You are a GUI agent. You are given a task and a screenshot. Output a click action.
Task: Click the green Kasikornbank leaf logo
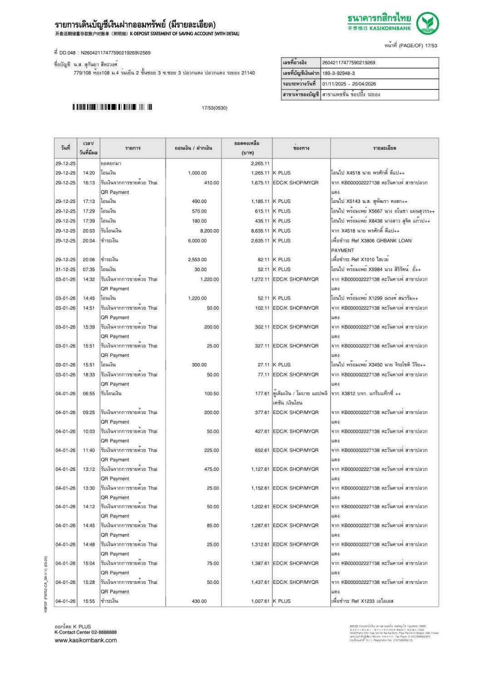[427, 23]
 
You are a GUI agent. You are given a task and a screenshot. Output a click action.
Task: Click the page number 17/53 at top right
[431, 45]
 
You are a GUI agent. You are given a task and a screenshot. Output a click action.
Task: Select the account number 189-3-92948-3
[338, 73]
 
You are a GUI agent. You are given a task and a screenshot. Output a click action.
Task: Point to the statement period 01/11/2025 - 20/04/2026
[349, 84]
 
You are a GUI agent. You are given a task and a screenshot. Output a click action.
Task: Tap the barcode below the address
[112, 108]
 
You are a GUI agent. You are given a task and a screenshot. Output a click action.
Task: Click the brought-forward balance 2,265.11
[260, 163]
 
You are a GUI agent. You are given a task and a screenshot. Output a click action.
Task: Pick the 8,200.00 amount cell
[210, 231]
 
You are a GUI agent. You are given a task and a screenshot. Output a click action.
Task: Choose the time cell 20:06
[89, 260]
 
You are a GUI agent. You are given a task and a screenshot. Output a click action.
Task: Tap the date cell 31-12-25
[65, 269]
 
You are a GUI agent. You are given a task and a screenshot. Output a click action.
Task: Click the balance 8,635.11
[260, 231]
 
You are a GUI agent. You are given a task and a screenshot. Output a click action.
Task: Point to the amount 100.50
[211, 394]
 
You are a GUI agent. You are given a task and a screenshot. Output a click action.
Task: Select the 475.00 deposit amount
[211, 469]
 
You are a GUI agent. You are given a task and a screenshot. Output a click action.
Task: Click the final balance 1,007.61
[260, 601]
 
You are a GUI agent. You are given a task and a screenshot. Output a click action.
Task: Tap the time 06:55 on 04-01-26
[89, 394]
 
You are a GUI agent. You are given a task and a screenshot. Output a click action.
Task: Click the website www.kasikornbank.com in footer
[86, 641]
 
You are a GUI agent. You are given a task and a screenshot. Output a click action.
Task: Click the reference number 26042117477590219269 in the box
[348, 63]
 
